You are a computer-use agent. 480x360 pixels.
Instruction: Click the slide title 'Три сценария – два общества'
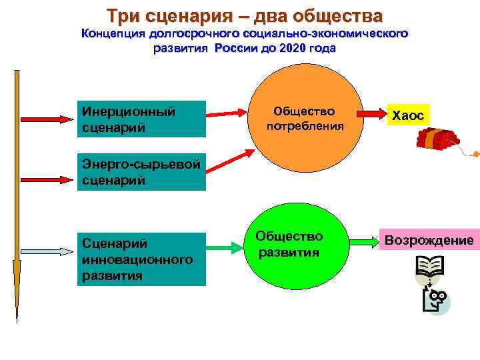tap(245, 15)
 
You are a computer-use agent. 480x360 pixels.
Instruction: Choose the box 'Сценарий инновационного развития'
tap(141, 259)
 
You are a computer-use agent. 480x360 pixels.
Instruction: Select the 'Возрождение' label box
tap(429, 240)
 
